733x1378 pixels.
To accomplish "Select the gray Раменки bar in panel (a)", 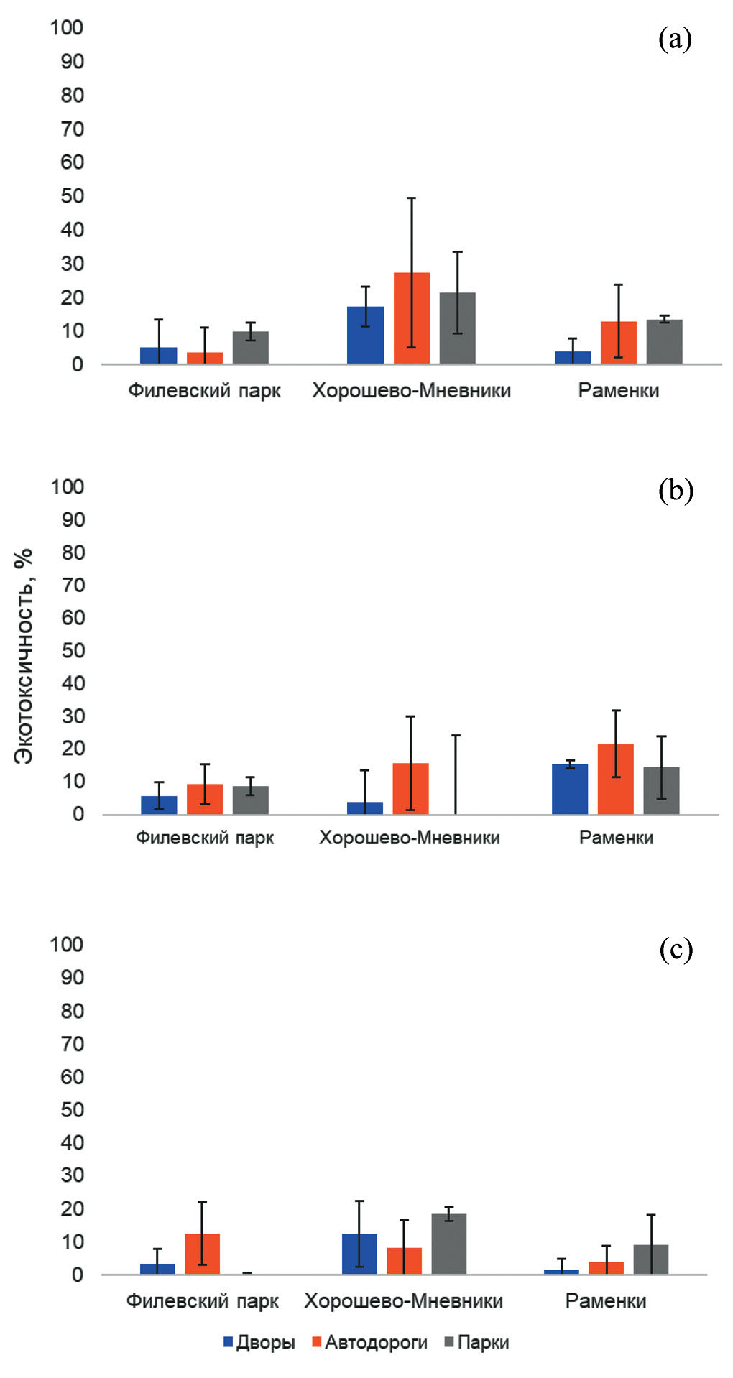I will (x=664, y=342).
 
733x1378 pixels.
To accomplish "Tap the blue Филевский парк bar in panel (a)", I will (x=159, y=356).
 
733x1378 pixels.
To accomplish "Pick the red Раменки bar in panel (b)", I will (x=616, y=780).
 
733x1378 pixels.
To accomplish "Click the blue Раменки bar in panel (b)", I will (x=570, y=790).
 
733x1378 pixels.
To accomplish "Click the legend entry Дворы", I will (x=259, y=1342).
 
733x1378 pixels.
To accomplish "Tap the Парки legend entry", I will (x=477, y=1342).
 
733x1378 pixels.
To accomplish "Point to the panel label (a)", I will (x=675, y=40).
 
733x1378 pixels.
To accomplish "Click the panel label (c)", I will (x=676, y=949).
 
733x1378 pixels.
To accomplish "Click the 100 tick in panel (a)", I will (x=67, y=28).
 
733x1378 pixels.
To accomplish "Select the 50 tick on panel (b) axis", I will (x=73, y=651).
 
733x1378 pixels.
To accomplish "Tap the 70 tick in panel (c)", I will (x=73, y=1044).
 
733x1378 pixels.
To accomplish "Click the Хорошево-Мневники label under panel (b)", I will (x=410, y=838).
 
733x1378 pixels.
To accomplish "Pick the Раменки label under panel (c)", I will (x=606, y=1301).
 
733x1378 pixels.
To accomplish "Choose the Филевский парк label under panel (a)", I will (x=205, y=391).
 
